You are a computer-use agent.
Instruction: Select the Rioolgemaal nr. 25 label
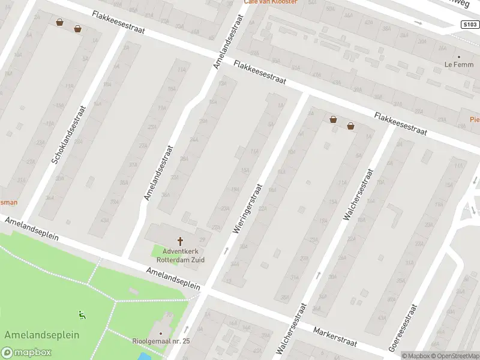161,341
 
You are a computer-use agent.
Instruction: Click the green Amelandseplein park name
41,335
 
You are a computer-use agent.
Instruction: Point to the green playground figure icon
81,314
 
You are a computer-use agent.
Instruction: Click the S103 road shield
470,25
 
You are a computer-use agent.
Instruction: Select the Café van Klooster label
269,2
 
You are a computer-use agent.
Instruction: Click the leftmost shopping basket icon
59,23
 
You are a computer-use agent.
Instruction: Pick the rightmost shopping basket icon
350,126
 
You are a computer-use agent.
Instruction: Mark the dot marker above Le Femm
459,57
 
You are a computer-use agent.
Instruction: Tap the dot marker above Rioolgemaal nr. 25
161,334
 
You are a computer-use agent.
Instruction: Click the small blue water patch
144,356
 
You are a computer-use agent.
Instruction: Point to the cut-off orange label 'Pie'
474,119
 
